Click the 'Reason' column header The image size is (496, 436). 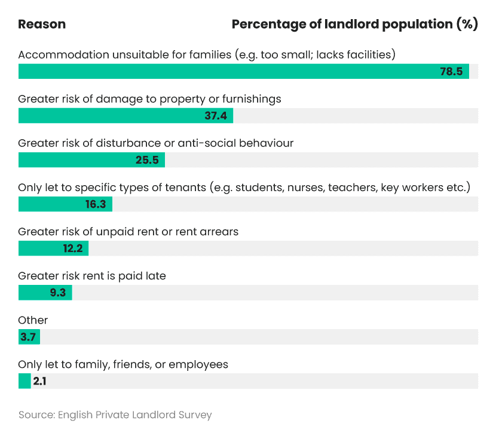point(42,24)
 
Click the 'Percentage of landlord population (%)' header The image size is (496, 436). point(354,24)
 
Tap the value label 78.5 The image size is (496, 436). point(451,72)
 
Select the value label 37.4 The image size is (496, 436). point(216,116)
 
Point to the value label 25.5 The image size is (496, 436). point(148,160)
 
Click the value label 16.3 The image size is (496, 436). point(96,204)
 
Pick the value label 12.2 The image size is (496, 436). point(72,248)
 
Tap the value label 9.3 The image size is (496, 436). point(58,293)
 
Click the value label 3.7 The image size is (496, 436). point(28,337)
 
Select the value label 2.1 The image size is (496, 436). point(39,381)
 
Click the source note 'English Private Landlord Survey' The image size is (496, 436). point(135,414)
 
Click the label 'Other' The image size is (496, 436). point(33,320)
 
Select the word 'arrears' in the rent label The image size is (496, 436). point(218,232)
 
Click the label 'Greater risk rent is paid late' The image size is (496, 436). point(92,276)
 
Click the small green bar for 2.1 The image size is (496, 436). point(25,381)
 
